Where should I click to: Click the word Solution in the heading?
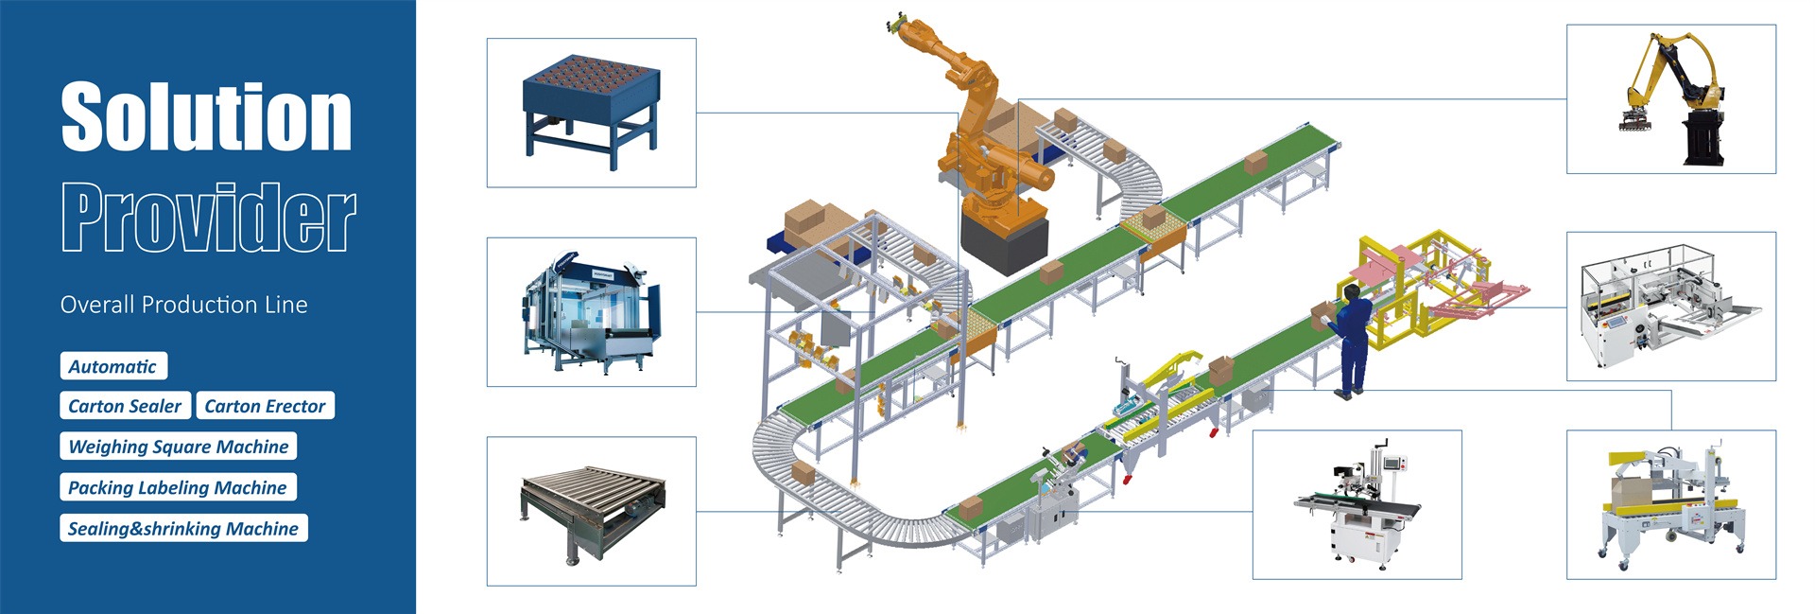(206, 116)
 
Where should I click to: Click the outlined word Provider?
(208, 218)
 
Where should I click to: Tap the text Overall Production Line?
(183, 305)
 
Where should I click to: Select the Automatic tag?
(112, 366)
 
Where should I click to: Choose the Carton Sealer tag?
(125, 406)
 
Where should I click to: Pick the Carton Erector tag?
(265, 406)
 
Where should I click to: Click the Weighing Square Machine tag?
(179, 447)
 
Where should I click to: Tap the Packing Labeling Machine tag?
(178, 487)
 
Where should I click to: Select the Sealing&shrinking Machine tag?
(183, 528)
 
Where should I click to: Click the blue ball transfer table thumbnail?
(591, 112)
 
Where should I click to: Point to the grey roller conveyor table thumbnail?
(591, 511)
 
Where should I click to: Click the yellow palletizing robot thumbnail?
(1670, 99)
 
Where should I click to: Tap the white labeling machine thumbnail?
(1357, 505)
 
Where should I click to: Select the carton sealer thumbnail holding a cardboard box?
(1670, 504)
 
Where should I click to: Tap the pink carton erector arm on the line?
(1475, 298)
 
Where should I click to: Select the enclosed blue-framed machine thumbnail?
(591, 312)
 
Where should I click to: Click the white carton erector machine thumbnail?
(1670, 307)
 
